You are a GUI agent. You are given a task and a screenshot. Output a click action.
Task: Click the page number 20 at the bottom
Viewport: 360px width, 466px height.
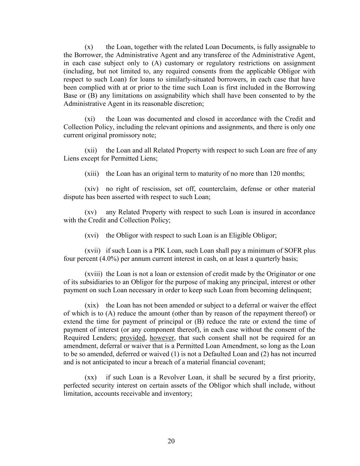171,441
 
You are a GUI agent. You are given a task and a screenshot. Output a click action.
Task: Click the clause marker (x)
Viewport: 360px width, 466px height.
89,47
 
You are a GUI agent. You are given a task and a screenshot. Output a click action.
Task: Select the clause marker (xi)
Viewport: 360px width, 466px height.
90,119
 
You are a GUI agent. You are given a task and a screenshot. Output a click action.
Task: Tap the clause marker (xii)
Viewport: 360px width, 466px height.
91,150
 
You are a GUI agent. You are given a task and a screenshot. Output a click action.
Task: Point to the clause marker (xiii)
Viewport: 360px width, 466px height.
92,173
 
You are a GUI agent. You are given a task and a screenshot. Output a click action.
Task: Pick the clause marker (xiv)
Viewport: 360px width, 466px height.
91,189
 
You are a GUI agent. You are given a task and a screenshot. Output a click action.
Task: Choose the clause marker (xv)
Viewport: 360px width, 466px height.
90,212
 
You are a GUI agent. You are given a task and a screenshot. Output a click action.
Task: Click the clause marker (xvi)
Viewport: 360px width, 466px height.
91,235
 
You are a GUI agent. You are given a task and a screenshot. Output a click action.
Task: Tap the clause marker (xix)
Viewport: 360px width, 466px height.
91,305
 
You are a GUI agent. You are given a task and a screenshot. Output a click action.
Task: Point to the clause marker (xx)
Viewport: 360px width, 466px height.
90,377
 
